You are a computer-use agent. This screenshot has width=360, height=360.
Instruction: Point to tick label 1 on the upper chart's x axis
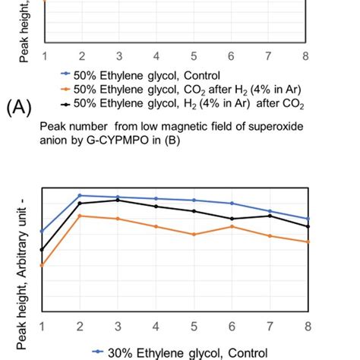(x=45, y=56)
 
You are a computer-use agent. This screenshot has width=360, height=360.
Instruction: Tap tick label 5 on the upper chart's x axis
(x=194, y=56)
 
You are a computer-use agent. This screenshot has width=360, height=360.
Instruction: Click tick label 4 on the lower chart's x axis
(x=156, y=326)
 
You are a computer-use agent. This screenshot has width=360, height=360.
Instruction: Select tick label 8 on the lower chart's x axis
(x=308, y=326)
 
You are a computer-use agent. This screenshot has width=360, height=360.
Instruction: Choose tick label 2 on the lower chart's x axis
(x=80, y=326)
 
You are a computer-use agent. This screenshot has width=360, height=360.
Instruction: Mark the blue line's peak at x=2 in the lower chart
(x=80, y=195)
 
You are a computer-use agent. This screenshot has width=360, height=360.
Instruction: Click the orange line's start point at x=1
(x=43, y=265)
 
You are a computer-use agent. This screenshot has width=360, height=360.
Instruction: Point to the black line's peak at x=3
(x=118, y=200)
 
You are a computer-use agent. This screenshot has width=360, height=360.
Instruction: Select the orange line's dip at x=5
(x=194, y=235)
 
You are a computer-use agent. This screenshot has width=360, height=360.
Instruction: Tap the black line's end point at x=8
(x=308, y=226)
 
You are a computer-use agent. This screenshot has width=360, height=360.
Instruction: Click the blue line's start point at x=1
(x=43, y=231)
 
